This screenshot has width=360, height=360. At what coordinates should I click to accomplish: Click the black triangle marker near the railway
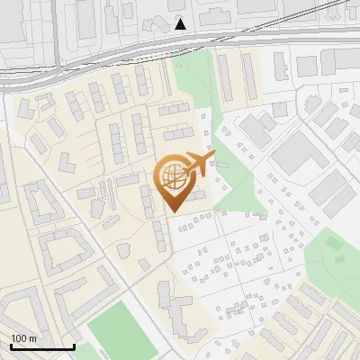181,23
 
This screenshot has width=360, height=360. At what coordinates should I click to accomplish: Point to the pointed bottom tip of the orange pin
173,211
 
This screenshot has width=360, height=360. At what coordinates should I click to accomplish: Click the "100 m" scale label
23,338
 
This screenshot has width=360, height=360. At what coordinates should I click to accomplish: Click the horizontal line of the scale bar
42,346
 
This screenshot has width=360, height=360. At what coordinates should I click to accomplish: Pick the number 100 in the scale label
19,338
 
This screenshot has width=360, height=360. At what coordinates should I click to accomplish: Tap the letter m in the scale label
32,338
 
